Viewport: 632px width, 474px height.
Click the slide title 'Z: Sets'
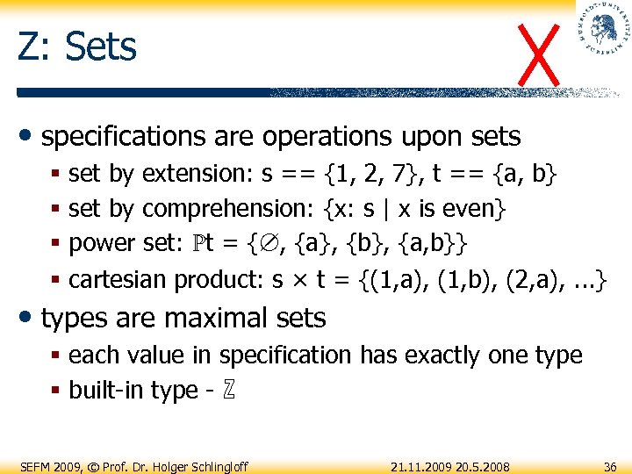[x=77, y=47]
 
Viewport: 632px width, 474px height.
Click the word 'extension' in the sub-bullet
[x=197, y=174]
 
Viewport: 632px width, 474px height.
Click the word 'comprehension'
[x=229, y=209]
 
